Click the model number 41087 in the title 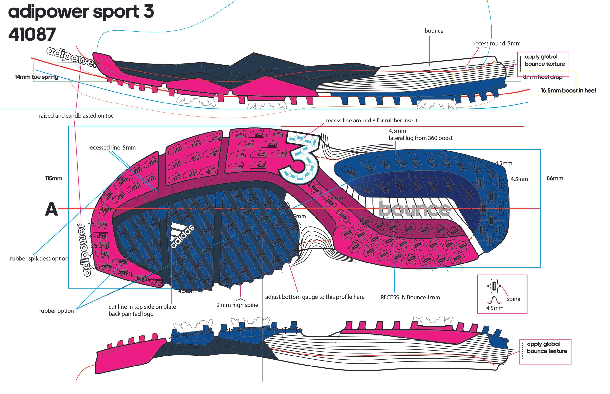tap(32, 35)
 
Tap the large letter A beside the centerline tap(51, 209)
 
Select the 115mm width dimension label tap(54, 178)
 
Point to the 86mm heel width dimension tap(555, 178)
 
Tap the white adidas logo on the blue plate tap(182, 235)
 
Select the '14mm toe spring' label tap(36, 77)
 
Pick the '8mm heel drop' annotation tap(543, 77)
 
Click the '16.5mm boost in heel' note tap(568, 91)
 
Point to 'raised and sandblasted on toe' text tap(76, 116)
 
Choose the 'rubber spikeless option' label tap(39, 259)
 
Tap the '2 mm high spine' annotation tap(237, 305)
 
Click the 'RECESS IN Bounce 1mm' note tap(410, 297)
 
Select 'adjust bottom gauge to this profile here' tap(315, 297)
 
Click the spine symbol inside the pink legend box tap(494, 286)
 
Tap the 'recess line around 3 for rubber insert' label tap(371, 121)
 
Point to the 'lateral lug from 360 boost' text tap(420, 138)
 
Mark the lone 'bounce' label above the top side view tap(434, 31)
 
